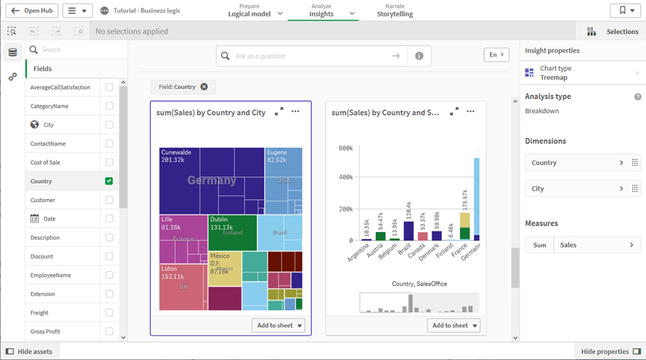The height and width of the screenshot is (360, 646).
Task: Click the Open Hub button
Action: coord(31,11)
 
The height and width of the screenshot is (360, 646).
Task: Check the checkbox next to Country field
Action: coord(109,181)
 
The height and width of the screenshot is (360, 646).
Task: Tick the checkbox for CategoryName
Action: coord(109,106)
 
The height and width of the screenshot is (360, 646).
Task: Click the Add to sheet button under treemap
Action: coord(278,326)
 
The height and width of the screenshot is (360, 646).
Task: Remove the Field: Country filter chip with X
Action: coord(204,87)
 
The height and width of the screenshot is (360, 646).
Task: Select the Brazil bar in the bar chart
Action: coord(408,231)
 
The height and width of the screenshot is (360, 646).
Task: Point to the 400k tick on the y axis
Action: coord(346,177)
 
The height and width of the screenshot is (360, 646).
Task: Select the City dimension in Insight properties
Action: coord(575,189)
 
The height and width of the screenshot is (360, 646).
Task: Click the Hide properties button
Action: coord(610,352)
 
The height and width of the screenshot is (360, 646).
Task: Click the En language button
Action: coord(496,55)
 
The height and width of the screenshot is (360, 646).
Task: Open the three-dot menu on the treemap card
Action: coord(295,112)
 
